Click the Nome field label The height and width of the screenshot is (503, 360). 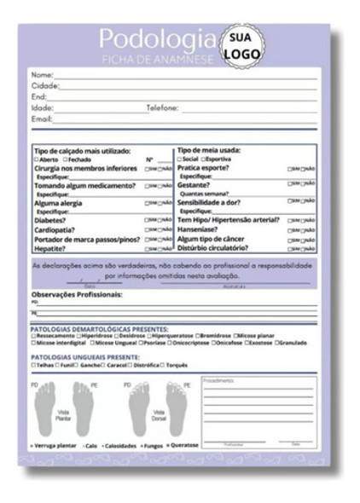(42, 75)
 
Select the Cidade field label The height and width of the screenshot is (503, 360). (44, 86)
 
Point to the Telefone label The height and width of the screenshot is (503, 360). (162, 108)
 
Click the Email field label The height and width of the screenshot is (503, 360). (42, 119)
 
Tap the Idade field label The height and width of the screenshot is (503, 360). (42, 108)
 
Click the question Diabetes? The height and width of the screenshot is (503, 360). (51, 219)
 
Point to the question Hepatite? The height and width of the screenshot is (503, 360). (50, 249)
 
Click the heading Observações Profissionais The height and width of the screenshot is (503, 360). (76, 294)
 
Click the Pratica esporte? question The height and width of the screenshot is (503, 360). (206, 169)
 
